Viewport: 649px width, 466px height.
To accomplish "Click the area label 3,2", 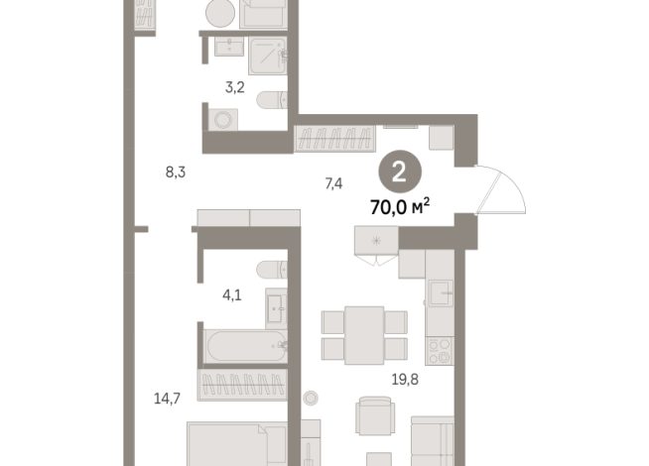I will [234, 87].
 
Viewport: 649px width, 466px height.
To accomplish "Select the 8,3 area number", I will [176, 172].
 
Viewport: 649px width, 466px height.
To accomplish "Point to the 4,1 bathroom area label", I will [232, 294].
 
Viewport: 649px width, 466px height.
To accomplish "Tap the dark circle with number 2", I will [399, 172].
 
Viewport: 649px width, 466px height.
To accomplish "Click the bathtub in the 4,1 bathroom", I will [241, 347].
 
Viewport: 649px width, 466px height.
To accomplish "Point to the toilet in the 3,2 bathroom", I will [271, 100].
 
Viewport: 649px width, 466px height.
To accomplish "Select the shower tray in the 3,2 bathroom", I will [266, 54].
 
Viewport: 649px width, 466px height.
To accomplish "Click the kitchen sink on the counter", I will [439, 292].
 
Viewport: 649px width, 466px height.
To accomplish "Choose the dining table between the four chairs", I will [364, 332].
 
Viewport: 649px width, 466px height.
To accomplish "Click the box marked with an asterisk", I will [376, 240].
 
